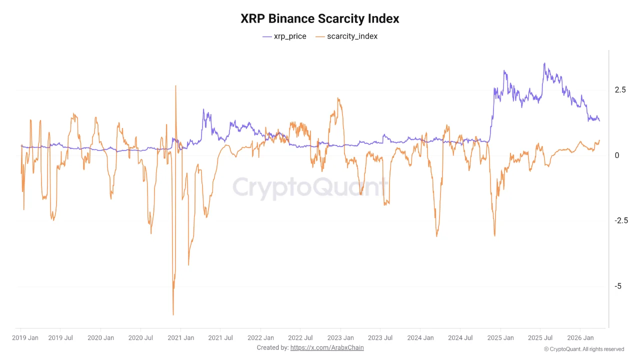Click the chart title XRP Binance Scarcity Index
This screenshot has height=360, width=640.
pos(320,19)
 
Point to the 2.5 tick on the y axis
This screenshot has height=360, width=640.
pos(620,90)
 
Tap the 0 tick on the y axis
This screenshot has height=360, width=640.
pos(617,155)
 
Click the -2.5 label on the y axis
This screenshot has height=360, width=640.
pos(621,220)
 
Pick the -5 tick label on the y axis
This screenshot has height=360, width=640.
pos(618,286)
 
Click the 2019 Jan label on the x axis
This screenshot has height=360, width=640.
pos(25,338)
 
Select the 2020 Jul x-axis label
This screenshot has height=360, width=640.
pos(140,338)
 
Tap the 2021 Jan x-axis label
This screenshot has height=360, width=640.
pos(181,338)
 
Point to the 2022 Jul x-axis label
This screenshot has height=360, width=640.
pos(300,338)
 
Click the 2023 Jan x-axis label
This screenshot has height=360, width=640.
pos(341,338)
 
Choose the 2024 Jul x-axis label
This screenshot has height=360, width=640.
pos(460,338)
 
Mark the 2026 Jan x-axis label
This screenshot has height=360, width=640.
pos(580,338)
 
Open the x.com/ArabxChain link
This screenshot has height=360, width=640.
pos(327,347)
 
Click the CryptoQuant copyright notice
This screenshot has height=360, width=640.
pos(583,349)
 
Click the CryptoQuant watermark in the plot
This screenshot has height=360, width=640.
pos(310,188)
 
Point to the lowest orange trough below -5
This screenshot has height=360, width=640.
pos(173,314)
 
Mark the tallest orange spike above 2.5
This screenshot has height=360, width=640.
pos(175,86)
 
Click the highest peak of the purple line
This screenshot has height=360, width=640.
pos(544,63)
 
